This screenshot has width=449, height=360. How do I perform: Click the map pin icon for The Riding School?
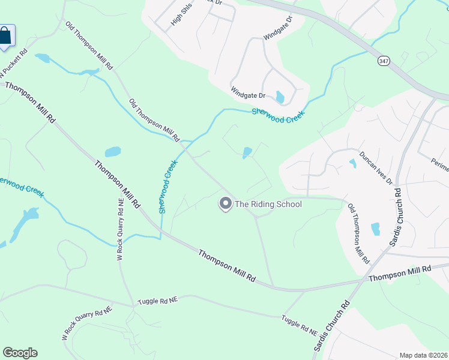226,204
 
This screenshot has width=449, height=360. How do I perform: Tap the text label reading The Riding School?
268,204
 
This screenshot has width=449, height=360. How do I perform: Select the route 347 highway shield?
384,61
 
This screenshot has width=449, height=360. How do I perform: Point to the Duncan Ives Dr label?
375,167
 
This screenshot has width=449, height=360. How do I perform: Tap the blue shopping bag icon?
5,35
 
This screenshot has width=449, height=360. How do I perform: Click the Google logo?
20,353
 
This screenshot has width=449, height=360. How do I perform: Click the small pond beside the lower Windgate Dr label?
280,97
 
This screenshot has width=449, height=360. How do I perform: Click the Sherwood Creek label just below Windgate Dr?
278,112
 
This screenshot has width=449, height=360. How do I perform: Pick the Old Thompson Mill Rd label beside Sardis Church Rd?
358,234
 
